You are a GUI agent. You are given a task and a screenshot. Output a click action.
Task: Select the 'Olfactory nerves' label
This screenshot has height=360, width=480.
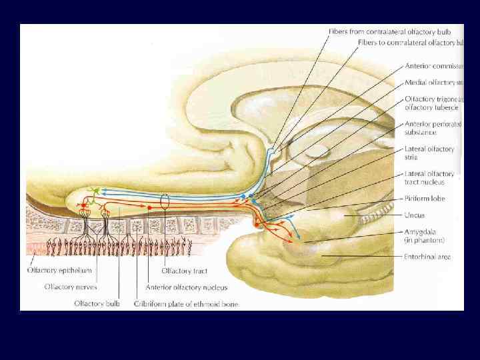click(70, 287)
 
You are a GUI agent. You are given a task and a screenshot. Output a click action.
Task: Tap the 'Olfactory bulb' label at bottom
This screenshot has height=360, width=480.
click(97, 304)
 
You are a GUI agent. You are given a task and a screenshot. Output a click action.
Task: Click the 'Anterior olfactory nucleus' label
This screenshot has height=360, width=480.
click(186, 287)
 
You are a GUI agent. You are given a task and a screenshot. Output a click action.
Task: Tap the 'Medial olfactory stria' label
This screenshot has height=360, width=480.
click(433, 83)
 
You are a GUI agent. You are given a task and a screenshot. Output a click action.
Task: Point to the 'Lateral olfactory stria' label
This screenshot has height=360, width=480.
click(429, 153)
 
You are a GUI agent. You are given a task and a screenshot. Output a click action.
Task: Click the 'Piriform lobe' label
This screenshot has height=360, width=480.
click(424, 199)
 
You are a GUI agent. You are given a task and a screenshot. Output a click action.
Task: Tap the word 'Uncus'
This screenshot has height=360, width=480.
click(414, 215)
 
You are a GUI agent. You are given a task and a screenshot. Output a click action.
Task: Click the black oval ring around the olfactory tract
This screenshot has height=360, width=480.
click(165, 201)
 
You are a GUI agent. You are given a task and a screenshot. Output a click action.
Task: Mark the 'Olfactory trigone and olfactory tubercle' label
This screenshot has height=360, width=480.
click(433, 103)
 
